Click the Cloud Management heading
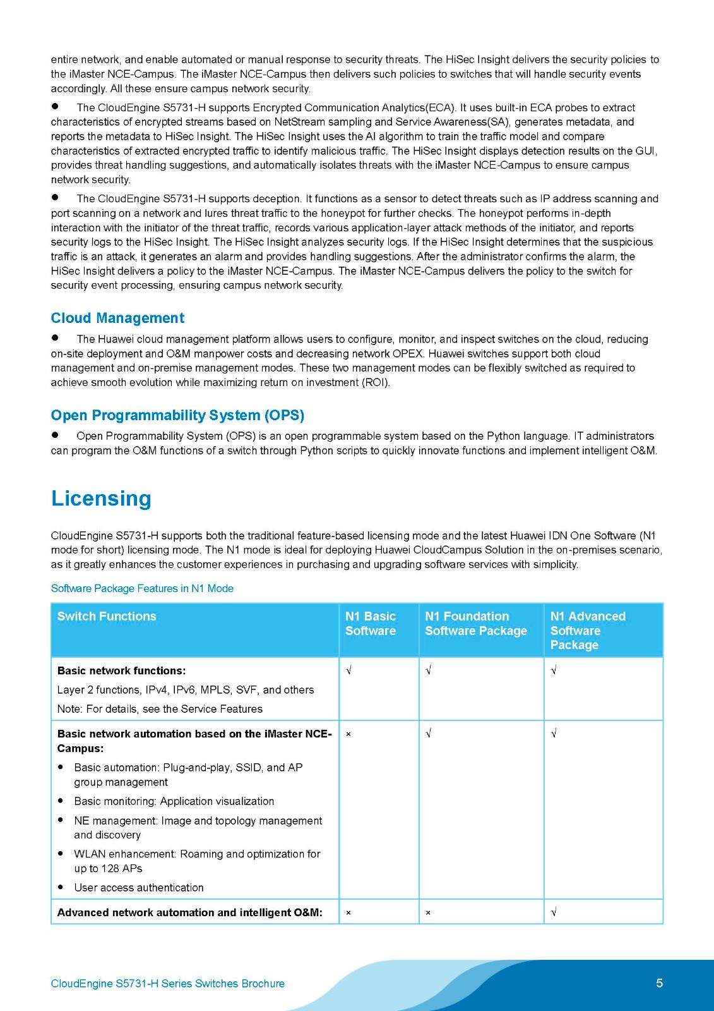pos(117,318)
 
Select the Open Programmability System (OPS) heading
pos(177,415)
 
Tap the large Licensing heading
pos(101,498)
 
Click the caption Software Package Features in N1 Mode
pos(142,588)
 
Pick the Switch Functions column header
pos(107,616)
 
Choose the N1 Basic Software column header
pos(371,624)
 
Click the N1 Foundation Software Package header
pos(476,624)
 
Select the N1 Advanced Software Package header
pos(588,630)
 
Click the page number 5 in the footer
pos(659,983)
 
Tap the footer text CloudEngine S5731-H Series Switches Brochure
pos(167,983)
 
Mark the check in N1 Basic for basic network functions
pos(348,670)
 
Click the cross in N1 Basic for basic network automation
pos(348,734)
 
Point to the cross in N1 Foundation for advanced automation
pos(428,912)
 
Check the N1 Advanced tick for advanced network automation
pos(554,912)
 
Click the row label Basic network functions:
pos(121,670)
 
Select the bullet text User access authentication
pos(139,887)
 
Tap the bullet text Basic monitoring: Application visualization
pos(174,801)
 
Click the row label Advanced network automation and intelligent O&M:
pos(190,912)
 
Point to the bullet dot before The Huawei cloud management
pos(55,338)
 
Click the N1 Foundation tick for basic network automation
pos(429,734)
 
